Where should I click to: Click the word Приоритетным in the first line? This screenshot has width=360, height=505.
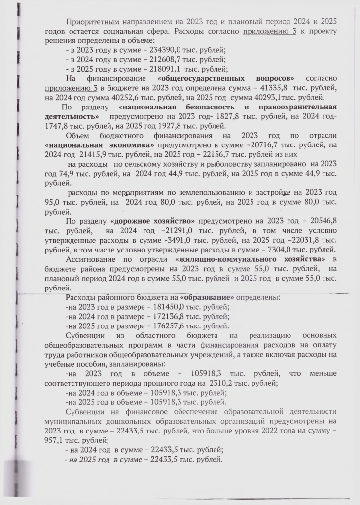91,22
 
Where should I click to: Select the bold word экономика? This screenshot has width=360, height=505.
130,145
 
